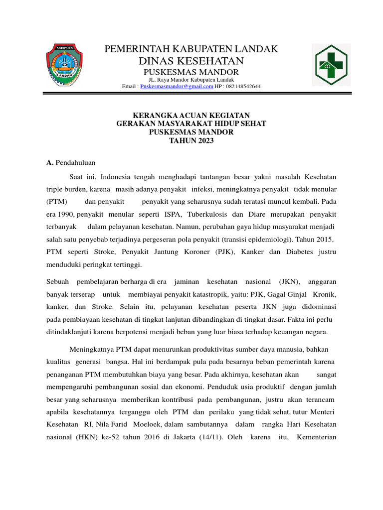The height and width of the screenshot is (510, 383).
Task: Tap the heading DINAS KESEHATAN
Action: (x=191, y=61)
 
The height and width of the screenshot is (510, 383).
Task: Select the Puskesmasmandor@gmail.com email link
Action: (x=177, y=87)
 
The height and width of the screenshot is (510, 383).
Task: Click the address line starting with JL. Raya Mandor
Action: (x=191, y=80)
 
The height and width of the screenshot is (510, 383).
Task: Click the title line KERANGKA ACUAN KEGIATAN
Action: (x=191, y=116)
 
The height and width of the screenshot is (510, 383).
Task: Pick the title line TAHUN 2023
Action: (x=191, y=141)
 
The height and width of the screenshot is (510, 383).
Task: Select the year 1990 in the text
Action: (x=65, y=214)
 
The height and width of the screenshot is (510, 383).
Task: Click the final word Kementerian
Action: (x=316, y=437)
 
